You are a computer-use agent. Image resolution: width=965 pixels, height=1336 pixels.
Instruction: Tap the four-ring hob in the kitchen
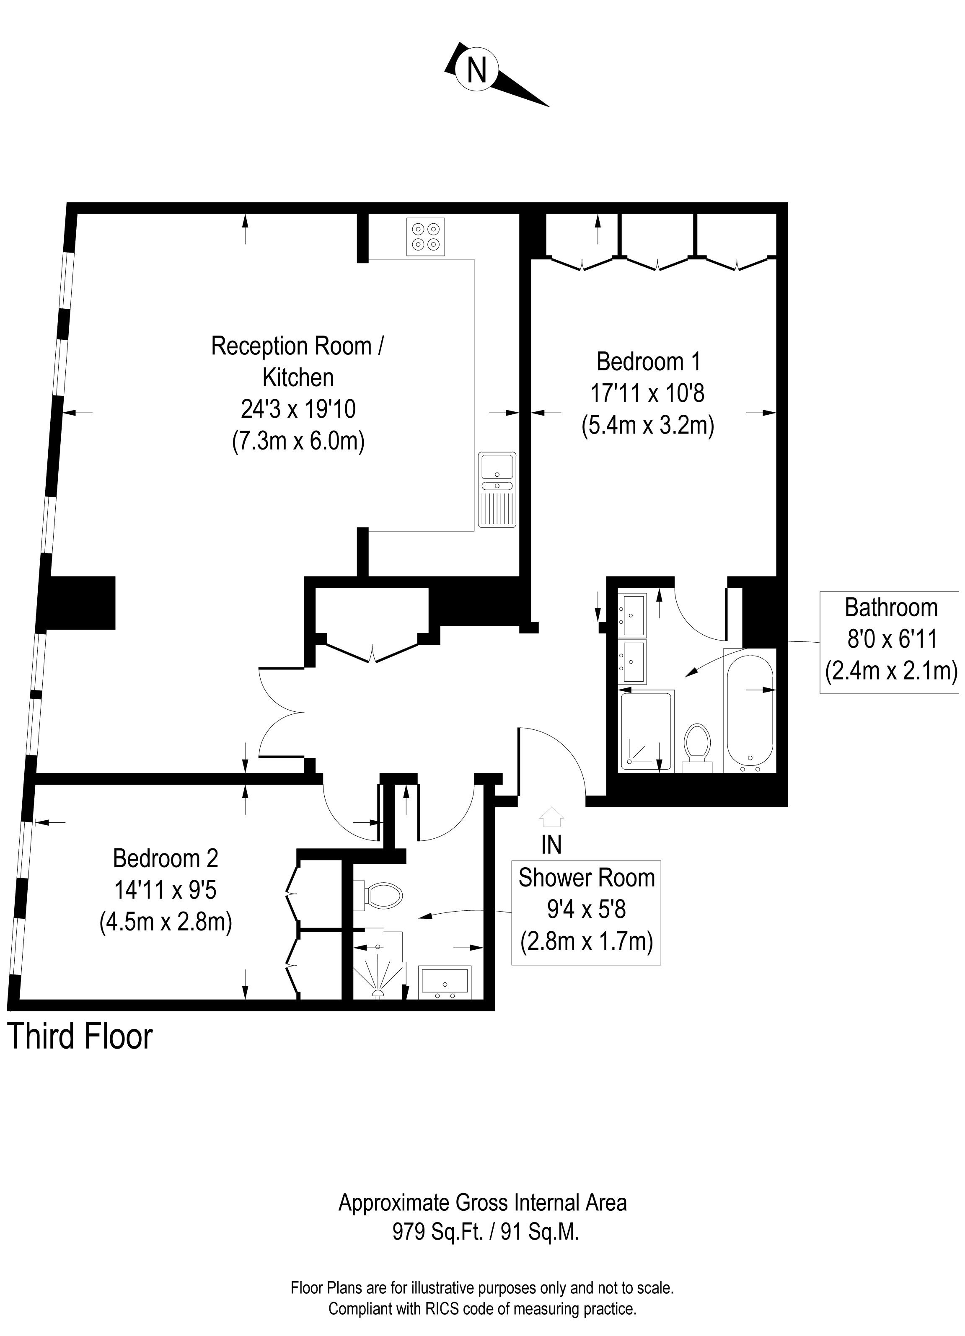[x=425, y=237]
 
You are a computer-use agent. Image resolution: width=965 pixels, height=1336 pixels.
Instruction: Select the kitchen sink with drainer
[x=497, y=489]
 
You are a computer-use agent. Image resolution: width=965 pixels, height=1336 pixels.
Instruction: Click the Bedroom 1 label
[x=649, y=361]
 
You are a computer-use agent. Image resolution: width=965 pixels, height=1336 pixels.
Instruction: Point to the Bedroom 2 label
[x=166, y=858]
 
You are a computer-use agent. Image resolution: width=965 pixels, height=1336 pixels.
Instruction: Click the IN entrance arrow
[x=552, y=818]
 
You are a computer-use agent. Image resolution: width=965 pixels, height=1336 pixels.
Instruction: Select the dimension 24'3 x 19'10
[x=298, y=409]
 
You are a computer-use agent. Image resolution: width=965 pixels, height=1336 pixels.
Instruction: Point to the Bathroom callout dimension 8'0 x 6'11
[x=891, y=639]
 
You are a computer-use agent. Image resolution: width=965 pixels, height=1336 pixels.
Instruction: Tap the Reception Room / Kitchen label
[x=298, y=361]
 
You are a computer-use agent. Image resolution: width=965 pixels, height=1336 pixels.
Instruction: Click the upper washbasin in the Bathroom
[x=632, y=614]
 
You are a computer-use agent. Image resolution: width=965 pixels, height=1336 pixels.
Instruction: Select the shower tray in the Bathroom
[x=646, y=731]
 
